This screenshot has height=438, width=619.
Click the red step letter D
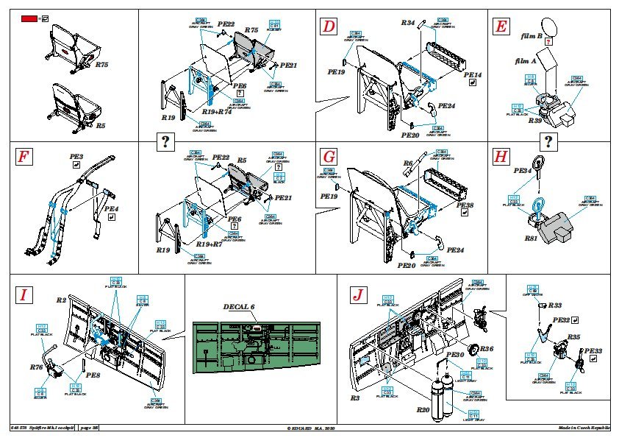pyautogui.click(x=329, y=28)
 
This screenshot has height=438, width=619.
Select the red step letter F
pyautogui.click(x=24, y=157)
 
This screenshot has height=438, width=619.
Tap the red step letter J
pyautogui.click(x=358, y=295)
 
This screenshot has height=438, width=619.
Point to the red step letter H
pyautogui.click(x=501, y=157)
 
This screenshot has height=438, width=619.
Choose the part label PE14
pyautogui.click(x=473, y=75)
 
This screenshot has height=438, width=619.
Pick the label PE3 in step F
pyautogui.click(x=76, y=157)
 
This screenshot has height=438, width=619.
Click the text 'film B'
pyautogui.click(x=531, y=36)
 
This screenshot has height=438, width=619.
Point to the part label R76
pyautogui.click(x=37, y=366)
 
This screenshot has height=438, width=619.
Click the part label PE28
pyautogui.click(x=465, y=205)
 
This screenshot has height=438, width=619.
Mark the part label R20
pyautogui.click(x=422, y=409)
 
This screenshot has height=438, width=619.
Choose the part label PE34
pyautogui.click(x=522, y=171)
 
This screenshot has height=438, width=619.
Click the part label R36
pyautogui.click(x=487, y=348)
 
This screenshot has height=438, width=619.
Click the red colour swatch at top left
pyautogui.click(x=28, y=18)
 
